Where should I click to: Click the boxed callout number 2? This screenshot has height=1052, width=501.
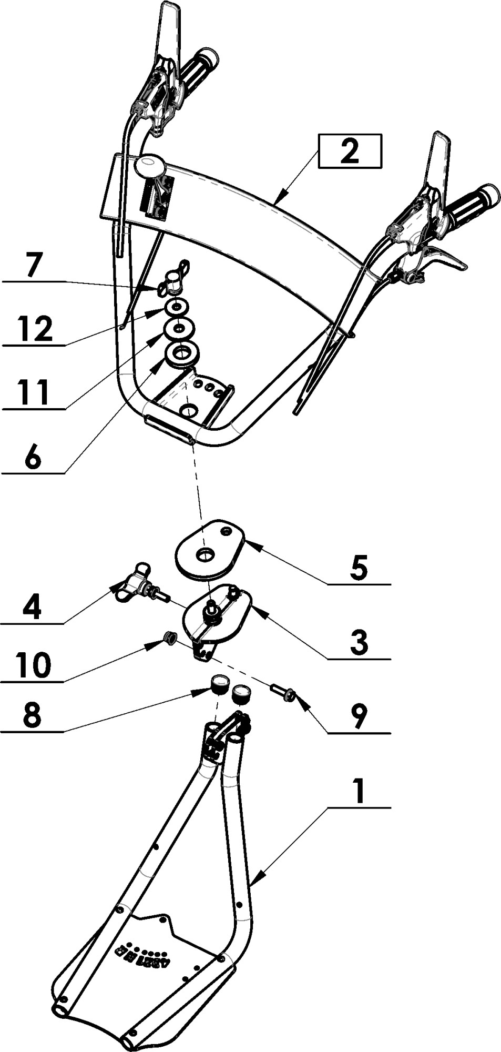350,151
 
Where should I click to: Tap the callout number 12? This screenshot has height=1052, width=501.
35,328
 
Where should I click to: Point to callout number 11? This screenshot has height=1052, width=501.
33,392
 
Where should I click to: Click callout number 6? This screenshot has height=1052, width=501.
33,457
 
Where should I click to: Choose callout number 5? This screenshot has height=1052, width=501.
359,568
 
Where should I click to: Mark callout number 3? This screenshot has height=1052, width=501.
359,643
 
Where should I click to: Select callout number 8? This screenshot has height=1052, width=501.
33,715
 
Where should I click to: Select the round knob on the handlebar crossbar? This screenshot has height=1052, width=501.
149,166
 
